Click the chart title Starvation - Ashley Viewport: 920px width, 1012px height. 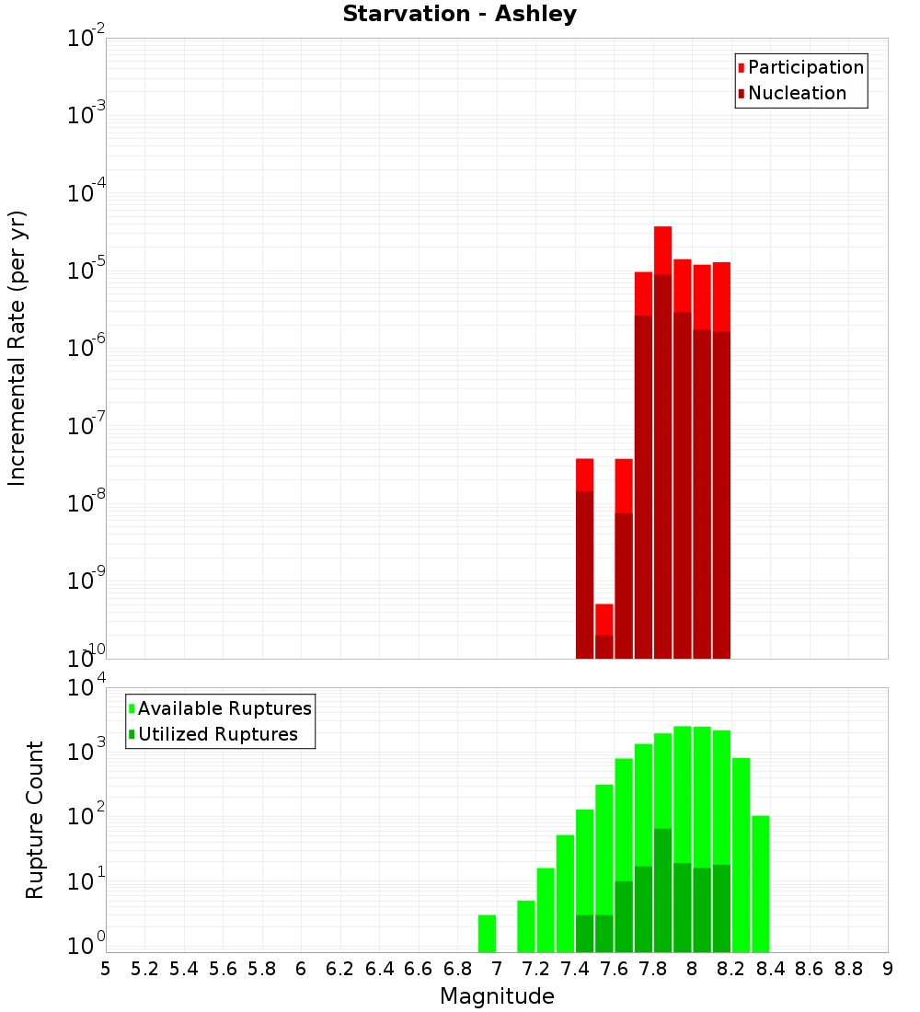tap(459, 15)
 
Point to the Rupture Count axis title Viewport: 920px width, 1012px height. tap(35, 820)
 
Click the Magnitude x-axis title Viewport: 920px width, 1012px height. tap(497, 996)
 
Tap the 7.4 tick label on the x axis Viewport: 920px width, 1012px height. tap(575, 969)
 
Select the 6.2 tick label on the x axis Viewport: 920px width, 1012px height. tap(340, 969)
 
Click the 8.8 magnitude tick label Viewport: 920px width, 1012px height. tap(848, 969)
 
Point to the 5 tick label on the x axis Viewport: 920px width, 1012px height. tap(106, 969)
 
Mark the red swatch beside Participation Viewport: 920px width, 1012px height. tap(741, 68)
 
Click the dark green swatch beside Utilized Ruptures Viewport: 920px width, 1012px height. tap(132, 734)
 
